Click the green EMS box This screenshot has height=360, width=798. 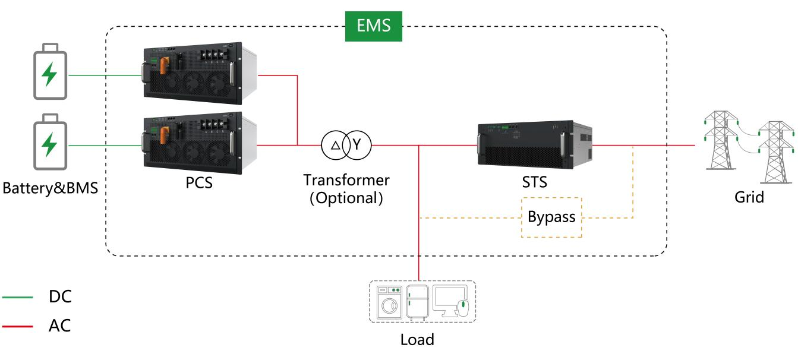(x=373, y=26)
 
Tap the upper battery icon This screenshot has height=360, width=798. (x=51, y=71)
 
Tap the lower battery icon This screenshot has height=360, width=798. (x=51, y=142)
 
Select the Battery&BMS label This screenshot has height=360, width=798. (x=51, y=188)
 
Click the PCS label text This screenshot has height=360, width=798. (x=199, y=182)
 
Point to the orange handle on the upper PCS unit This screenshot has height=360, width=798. (x=164, y=66)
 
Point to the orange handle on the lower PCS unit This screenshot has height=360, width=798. (x=164, y=135)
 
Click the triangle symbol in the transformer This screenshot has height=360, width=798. (x=335, y=146)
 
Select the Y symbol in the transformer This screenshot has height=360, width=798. (x=357, y=144)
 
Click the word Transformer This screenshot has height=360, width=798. (x=346, y=180)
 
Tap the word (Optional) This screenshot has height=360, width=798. (x=346, y=198)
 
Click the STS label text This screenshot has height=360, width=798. (x=534, y=182)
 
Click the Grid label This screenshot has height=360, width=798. (x=749, y=197)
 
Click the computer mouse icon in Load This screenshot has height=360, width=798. (x=463, y=308)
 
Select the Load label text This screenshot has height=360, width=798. (x=417, y=340)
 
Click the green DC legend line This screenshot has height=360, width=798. (x=17, y=297)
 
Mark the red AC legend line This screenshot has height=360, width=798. (x=17, y=326)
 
